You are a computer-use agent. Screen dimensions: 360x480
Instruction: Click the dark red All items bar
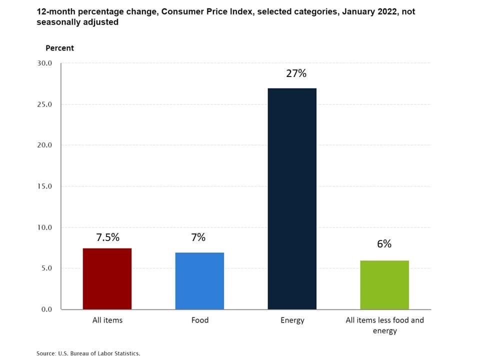click(x=107, y=278)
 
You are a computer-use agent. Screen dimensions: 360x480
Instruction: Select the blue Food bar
click(x=199, y=280)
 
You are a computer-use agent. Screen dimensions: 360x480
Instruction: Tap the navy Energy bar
click(x=292, y=198)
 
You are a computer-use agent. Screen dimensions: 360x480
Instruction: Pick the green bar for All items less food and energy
click(x=384, y=284)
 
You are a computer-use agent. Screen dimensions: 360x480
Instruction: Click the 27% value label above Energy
click(x=296, y=73)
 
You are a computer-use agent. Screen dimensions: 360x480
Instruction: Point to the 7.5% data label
click(x=107, y=237)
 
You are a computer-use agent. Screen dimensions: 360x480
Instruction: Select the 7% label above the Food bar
click(x=198, y=237)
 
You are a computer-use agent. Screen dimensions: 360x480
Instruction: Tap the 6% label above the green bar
click(x=384, y=244)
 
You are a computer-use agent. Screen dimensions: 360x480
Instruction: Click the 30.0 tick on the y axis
click(x=44, y=63)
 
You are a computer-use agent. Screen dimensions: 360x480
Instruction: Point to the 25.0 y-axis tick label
click(x=44, y=104)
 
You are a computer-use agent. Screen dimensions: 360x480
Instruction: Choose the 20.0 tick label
click(x=44, y=145)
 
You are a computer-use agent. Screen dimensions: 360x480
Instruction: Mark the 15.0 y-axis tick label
click(x=44, y=186)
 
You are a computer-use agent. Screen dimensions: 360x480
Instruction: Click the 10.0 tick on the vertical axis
click(x=44, y=227)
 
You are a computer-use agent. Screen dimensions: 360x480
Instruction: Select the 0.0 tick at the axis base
click(x=46, y=309)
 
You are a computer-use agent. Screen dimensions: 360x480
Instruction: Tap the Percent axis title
click(x=59, y=48)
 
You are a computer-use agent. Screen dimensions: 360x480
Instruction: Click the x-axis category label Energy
click(x=292, y=320)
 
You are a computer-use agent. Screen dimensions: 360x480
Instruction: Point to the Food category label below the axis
click(x=199, y=320)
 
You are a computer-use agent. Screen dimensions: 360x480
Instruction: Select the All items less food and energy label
click(x=384, y=325)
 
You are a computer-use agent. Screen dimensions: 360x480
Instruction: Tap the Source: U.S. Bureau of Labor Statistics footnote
click(x=88, y=353)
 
